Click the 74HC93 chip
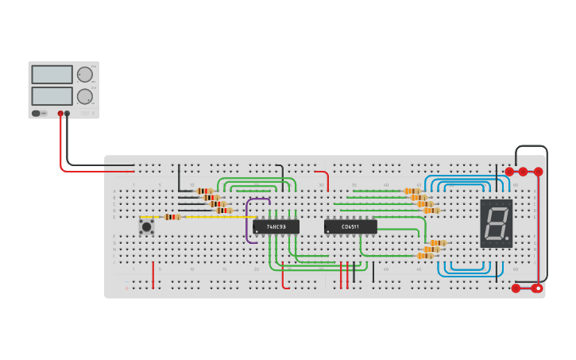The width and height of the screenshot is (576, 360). point(276,226)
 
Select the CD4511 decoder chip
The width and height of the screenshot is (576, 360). point(350,226)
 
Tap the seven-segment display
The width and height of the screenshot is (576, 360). point(496,223)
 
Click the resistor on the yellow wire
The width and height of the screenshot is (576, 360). point(172,217)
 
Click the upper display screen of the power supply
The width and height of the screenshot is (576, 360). point(52,75)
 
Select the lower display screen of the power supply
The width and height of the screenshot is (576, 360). point(52,96)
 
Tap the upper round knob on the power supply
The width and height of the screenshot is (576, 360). point(84,75)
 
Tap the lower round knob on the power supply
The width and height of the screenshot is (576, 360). point(84,97)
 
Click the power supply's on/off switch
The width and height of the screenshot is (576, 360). point(37,114)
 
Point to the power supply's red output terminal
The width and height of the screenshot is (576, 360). point(60,114)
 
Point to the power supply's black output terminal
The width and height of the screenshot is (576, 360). point(68,114)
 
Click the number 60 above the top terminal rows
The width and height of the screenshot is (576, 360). point(515,185)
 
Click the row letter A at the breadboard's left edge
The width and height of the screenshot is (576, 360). point(114,192)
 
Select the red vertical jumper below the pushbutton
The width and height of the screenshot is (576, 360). point(153,275)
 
